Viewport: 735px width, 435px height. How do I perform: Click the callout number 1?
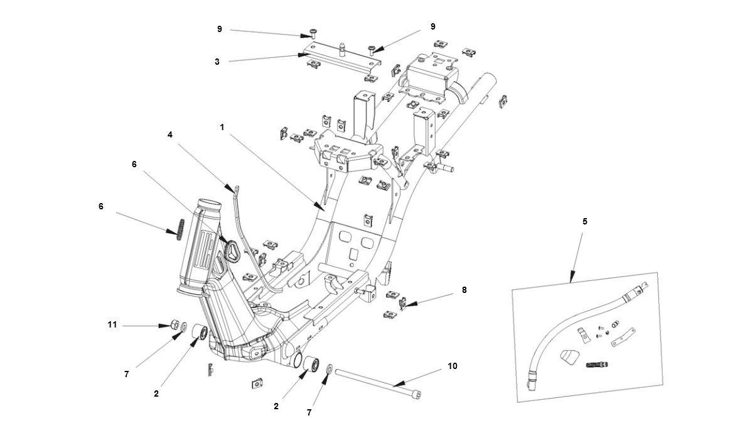[222, 127]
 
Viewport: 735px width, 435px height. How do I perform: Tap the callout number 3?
[217, 62]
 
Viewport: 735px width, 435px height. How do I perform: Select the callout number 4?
[169, 135]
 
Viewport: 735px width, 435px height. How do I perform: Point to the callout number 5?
[585, 221]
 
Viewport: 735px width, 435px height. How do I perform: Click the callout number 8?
[464, 290]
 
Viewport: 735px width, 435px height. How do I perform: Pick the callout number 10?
[453, 365]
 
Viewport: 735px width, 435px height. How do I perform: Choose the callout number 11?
[112, 325]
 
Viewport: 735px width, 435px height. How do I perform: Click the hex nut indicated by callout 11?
[169, 325]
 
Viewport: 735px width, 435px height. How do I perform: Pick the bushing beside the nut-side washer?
[200, 333]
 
